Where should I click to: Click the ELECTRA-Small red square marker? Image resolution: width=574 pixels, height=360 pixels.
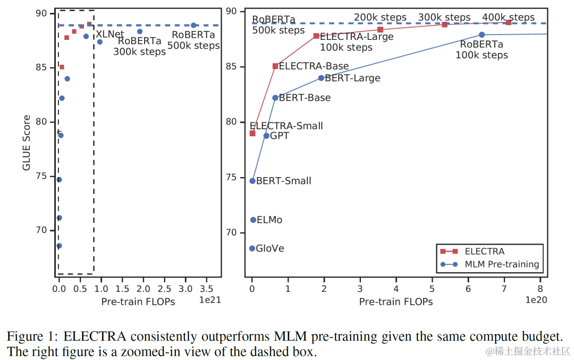pyautogui.click(x=252, y=133)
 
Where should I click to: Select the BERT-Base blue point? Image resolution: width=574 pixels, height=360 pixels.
pyautogui.click(x=275, y=98)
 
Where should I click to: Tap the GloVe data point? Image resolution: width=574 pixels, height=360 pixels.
pyautogui.click(x=252, y=248)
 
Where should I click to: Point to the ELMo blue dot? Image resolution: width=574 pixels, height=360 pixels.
pyautogui.click(x=253, y=220)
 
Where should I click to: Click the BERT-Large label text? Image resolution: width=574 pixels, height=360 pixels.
pyautogui.click(x=352, y=78)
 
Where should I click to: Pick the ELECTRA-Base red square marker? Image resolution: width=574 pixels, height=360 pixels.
pyautogui.click(x=275, y=66)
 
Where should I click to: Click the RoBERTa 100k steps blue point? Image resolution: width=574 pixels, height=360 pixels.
pyautogui.click(x=482, y=35)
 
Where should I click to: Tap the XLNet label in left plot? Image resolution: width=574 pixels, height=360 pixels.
pyautogui.click(x=109, y=34)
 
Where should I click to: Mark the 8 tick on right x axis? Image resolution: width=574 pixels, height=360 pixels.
pyautogui.click(x=541, y=289)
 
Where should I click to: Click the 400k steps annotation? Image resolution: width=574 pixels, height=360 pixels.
pyautogui.click(x=508, y=18)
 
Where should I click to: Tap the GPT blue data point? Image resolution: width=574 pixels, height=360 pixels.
pyautogui.click(x=266, y=136)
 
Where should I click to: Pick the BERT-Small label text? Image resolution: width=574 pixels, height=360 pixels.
pyautogui.click(x=284, y=181)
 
